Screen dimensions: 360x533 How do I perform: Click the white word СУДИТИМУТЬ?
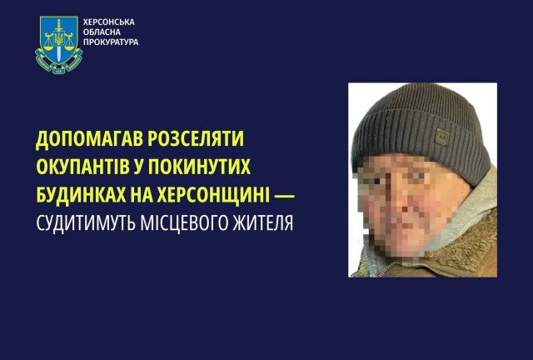coord(92,223)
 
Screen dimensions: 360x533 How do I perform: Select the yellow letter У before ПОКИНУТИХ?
coord(156,167)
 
